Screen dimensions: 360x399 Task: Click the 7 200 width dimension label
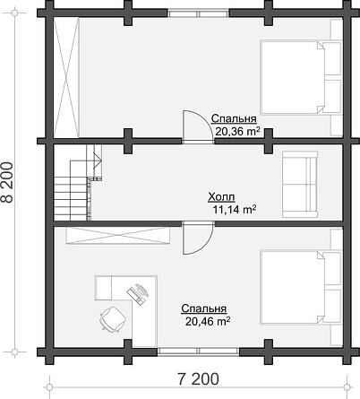coord(198,379)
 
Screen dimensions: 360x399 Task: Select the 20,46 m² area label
coord(208,322)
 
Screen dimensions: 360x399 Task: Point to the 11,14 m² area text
coord(235,210)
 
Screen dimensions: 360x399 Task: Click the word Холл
coord(221,197)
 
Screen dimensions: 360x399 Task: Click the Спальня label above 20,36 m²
coord(234,119)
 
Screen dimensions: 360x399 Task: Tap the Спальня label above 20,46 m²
coord(204,308)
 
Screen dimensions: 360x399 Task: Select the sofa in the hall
coord(300,184)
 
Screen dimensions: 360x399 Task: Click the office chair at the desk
coord(113,318)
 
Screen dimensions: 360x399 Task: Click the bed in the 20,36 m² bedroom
coord(301,78)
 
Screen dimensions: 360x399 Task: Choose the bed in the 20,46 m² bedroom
coord(301,287)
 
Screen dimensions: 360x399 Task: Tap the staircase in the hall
coord(78,183)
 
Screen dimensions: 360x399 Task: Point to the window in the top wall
coord(199,13)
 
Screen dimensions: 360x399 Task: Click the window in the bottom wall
coord(199,351)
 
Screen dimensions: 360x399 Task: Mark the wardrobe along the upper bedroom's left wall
coord(66,78)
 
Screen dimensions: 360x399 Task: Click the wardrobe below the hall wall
coord(118,236)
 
